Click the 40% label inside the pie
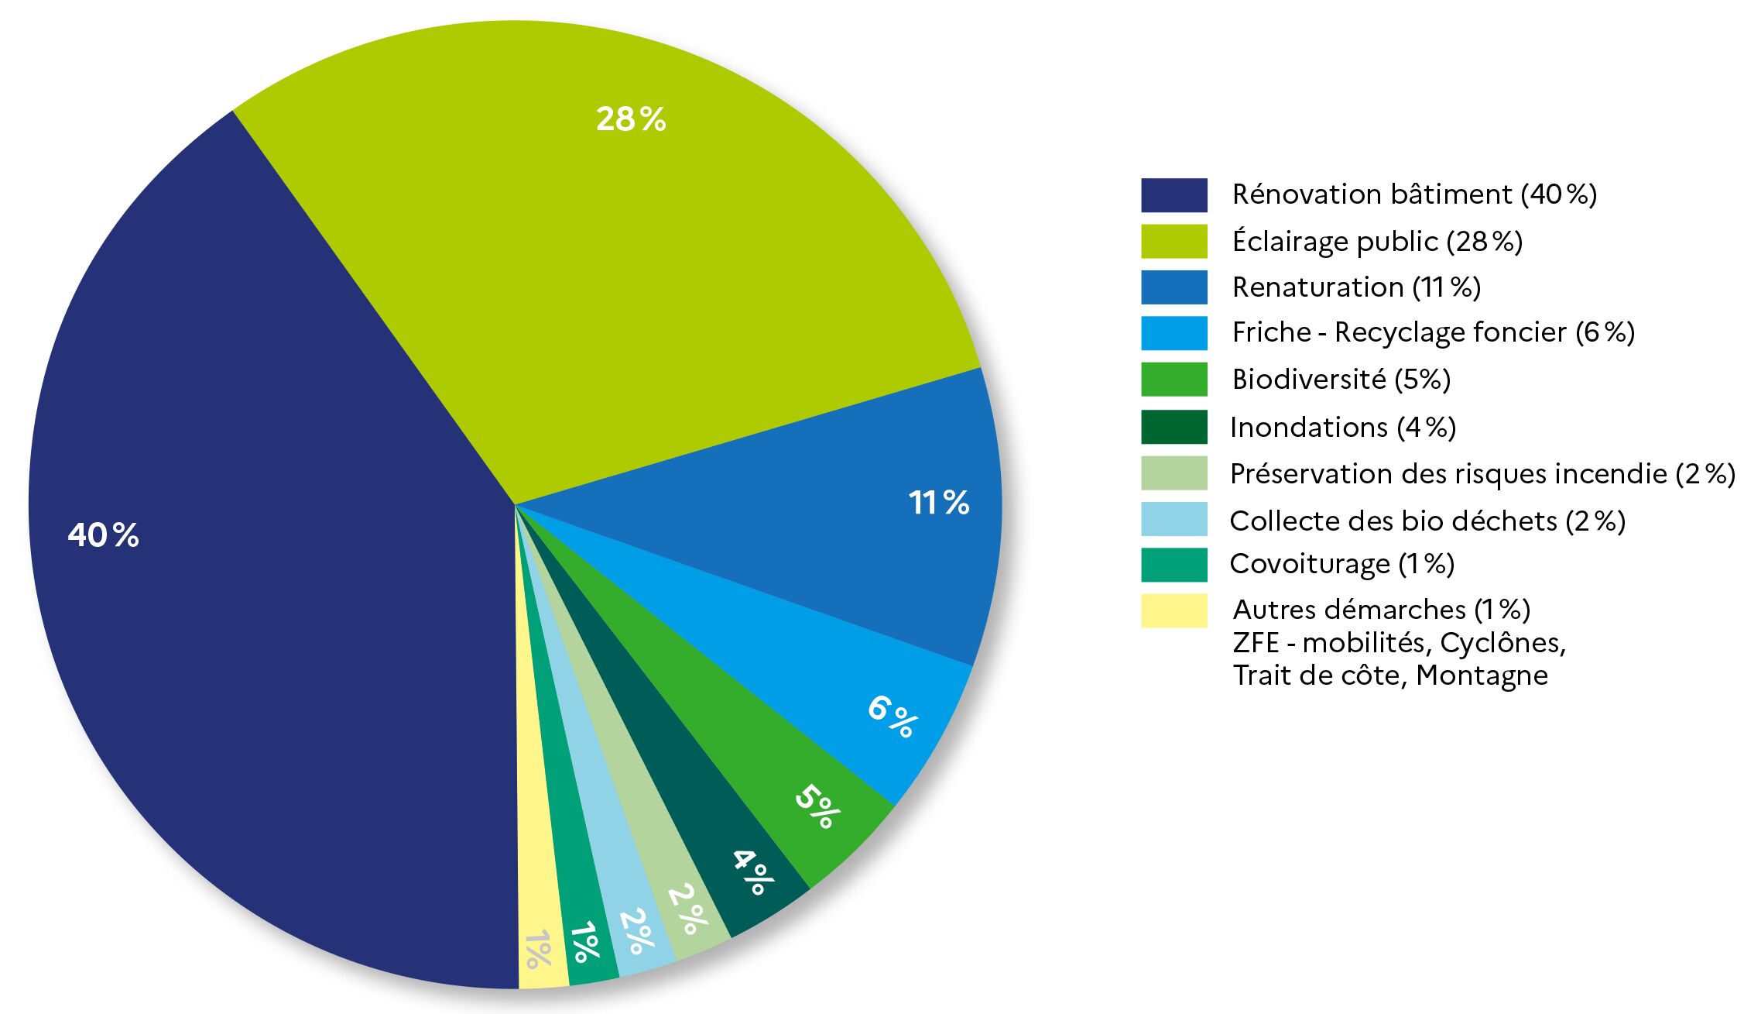[103, 535]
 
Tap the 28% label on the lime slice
[630, 119]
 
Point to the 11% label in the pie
[938, 503]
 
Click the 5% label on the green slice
[817, 806]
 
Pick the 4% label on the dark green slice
[752, 871]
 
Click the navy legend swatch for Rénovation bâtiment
[1174, 195]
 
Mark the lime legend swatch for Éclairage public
[1174, 242]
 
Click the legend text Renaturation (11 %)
[1356, 287]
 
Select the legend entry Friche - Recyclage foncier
[1433, 333]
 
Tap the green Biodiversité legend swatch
[1174, 380]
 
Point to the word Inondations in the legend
[1298, 428]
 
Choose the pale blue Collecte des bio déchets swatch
[1174, 519]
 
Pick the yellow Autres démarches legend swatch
[1174, 610]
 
